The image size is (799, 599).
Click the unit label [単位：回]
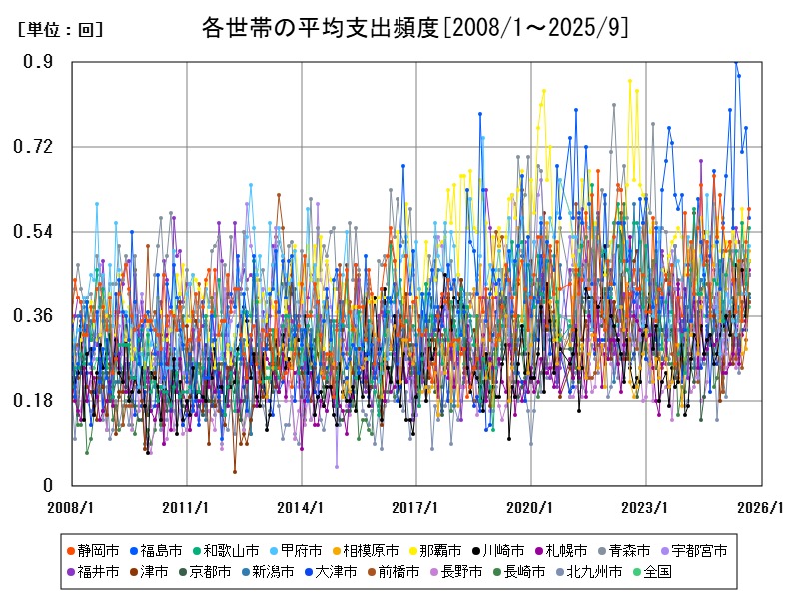[60, 30]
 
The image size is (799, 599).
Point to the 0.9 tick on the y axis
[39, 62]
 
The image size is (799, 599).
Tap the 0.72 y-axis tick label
[35, 147]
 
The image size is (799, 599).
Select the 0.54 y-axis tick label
[35, 232]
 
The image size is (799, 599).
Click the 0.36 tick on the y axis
[35, 316]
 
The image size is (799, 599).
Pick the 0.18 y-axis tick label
[35, 401]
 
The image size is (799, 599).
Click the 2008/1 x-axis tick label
[72, 507]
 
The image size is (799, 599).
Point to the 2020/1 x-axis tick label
[531, 507]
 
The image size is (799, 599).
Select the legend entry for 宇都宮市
[699, 550]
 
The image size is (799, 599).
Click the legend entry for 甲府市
[302, 550]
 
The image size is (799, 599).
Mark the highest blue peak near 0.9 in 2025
[736, 63]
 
